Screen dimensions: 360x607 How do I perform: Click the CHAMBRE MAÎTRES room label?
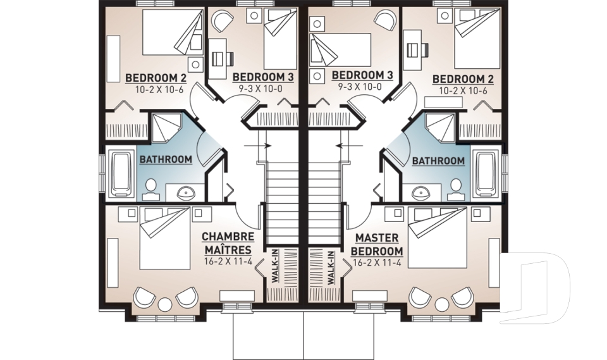click(228, 243)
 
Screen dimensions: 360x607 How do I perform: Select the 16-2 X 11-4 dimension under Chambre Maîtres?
click(228, 261)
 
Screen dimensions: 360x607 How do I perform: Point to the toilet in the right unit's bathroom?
click(456, 187)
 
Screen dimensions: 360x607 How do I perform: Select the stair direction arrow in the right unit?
click(345, 145)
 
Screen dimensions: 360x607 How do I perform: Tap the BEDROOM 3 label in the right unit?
click(365, 75)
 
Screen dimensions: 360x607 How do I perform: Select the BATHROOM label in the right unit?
click(438, 161)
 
